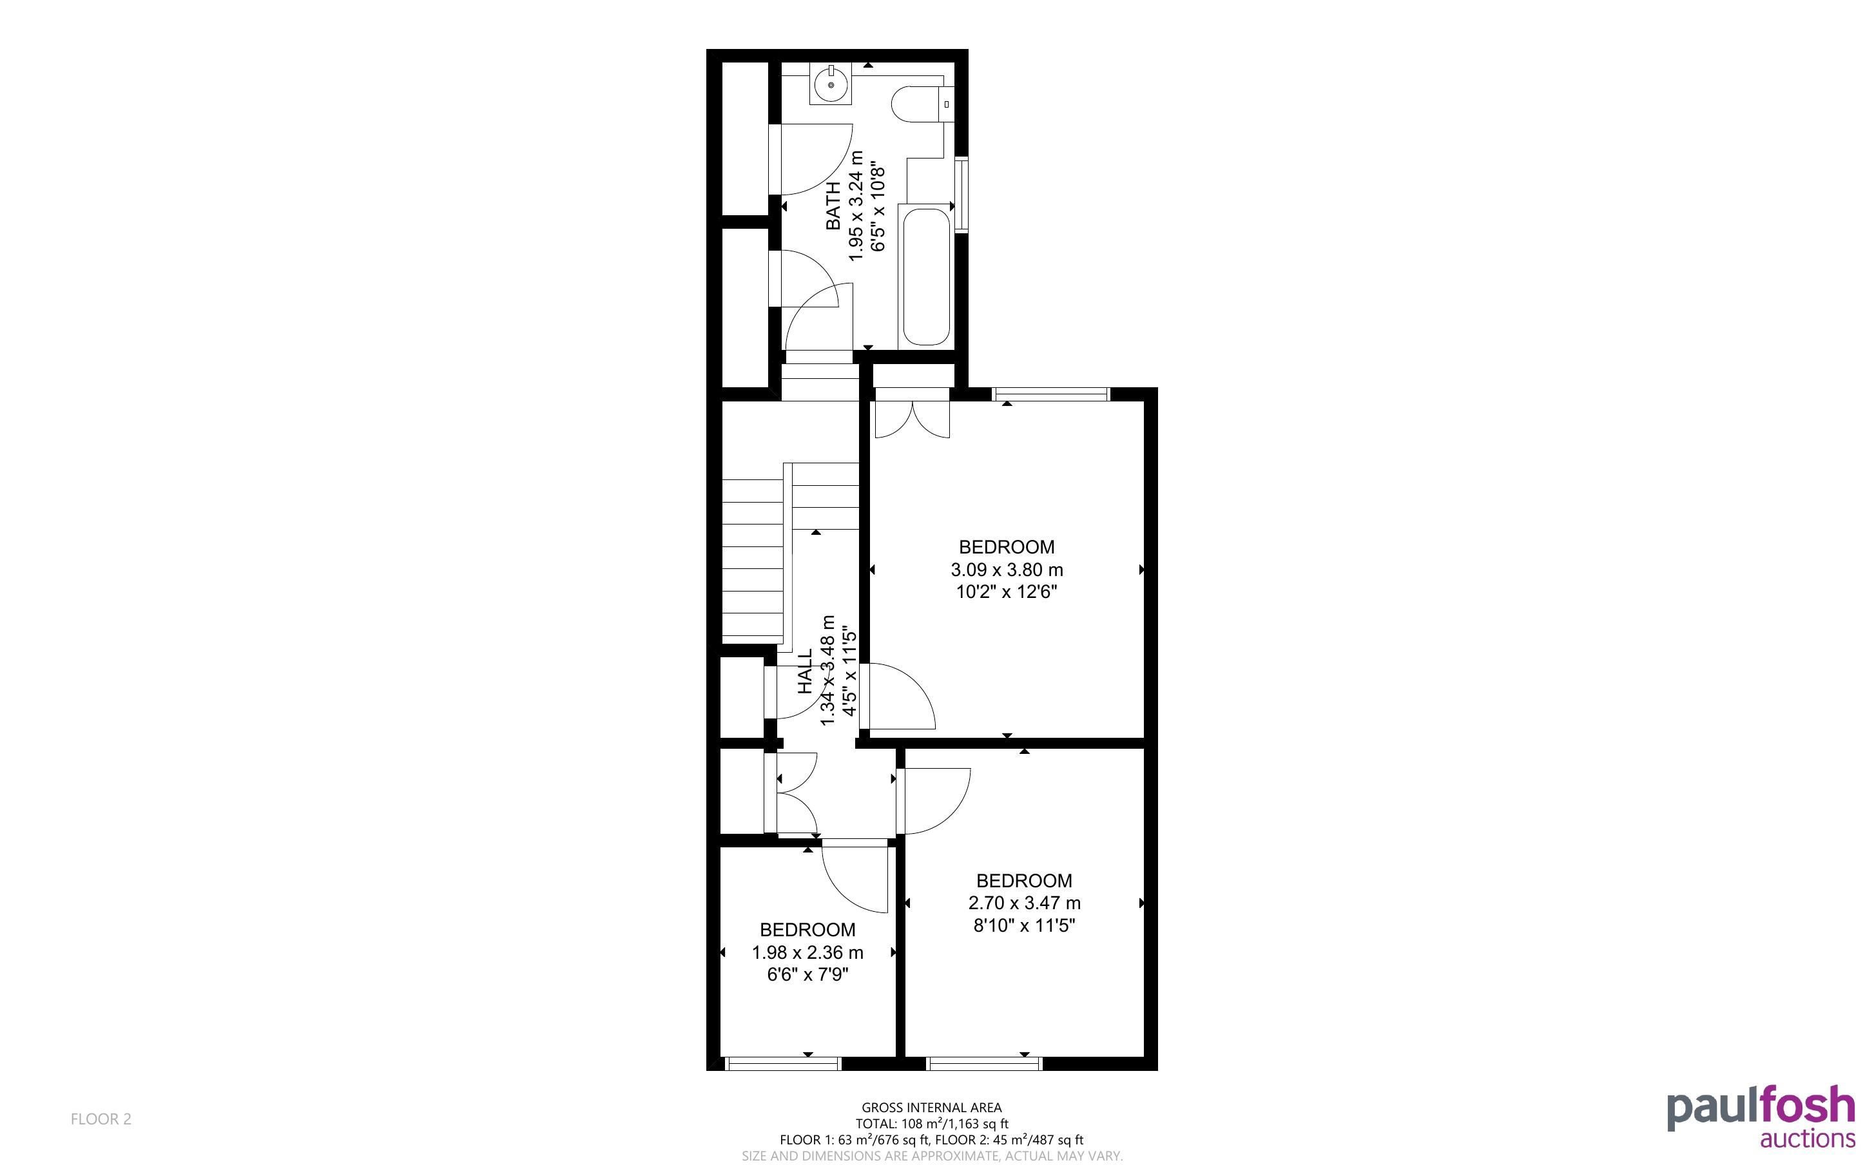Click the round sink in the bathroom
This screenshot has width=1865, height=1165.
[x=831, y=84]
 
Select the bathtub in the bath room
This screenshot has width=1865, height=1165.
[x=926, y=276]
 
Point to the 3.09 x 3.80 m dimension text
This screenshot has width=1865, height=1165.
[x=1007, y=570]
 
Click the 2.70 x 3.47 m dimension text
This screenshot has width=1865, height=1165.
[x=1025, y=902]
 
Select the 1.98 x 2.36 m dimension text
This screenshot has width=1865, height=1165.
[x=807, y=952]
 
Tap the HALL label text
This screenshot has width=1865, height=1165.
[x=805, y=671]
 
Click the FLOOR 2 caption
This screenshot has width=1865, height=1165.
[x=101, y=1119]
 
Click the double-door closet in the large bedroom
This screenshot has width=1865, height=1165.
[x=912, y=414]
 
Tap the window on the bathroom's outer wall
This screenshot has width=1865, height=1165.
[x=961, y=193]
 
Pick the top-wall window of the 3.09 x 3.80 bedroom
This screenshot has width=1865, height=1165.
[x=1052, y=394]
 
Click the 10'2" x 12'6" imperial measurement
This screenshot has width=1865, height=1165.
[x=1007, y=592]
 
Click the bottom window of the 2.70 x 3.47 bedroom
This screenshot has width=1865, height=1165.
[x=985, y=1063]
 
